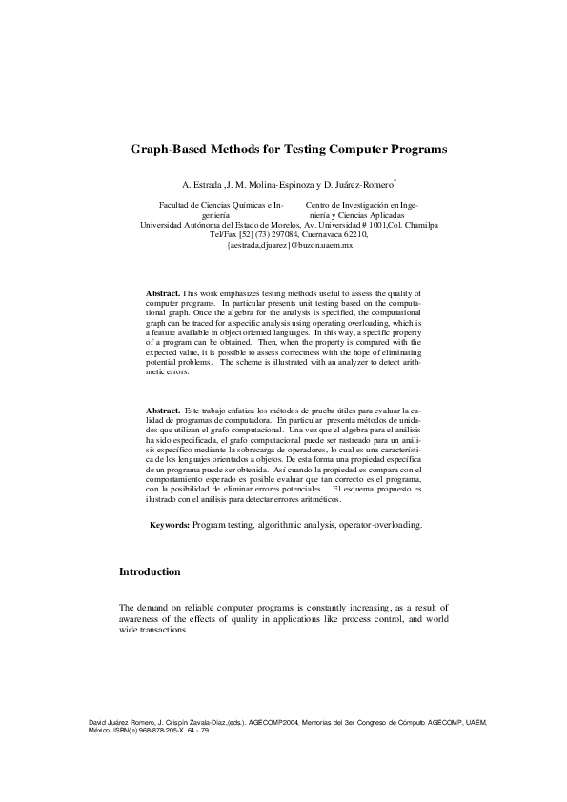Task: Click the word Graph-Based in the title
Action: click(171, 150)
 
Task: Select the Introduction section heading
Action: click(150, 572)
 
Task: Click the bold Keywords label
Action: click(170, 524)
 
